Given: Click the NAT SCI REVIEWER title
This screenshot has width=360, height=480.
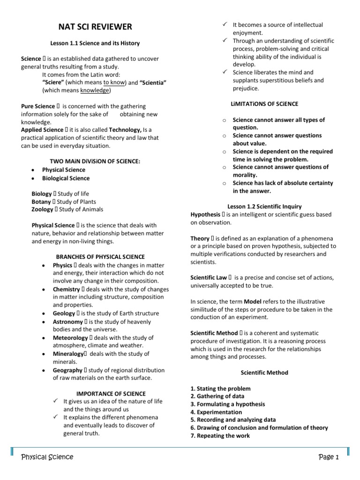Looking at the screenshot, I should tap(95, 27).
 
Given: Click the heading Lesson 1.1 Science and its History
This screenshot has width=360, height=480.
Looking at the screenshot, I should tap(95, 43).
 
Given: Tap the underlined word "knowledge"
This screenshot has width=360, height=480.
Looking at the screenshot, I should tap(95, 90).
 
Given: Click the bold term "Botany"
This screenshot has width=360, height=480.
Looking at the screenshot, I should tap(42, 202).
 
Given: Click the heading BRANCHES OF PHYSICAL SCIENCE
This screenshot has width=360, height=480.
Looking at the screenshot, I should tap(100, 257).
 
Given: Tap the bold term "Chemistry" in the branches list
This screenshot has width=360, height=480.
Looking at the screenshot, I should tap(67, 289).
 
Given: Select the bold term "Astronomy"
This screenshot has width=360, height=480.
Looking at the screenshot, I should tap(67, 322).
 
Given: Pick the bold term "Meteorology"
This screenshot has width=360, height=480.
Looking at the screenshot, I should tap(70, 337).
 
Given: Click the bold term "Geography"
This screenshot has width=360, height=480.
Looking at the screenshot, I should tap(67, 370).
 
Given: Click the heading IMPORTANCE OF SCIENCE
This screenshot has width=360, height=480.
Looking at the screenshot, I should tap(111, 393).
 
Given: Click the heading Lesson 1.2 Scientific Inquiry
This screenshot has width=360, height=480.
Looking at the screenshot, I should tap(264, 206).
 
